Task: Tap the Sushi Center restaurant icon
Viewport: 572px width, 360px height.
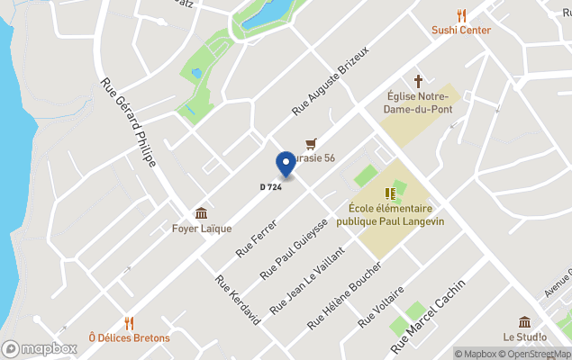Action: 461,14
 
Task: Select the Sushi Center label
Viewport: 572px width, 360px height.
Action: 461,30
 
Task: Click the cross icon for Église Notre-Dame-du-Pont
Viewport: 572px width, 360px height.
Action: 417,81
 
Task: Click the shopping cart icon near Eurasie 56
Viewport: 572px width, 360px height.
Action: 311,143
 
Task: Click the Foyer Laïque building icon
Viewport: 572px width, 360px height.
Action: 201,213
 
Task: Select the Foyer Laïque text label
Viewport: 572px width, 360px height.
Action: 202,229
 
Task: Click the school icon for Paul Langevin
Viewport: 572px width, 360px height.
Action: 390,193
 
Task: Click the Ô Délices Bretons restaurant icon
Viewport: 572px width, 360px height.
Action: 129,322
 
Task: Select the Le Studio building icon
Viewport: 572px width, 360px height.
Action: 525,322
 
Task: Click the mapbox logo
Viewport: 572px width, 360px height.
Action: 40,348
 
